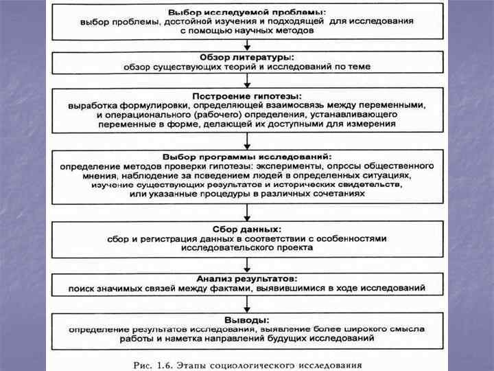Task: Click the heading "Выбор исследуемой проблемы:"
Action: (248, 12)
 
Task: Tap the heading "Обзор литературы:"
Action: (247, 57)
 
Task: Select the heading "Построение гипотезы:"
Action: (247, 95)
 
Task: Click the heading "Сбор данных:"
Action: (247, 229)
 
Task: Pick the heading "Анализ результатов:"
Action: (247, 278)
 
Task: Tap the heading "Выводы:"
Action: (247, 320)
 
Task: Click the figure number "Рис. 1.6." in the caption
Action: (152, 363)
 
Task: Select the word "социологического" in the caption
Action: (261, 363)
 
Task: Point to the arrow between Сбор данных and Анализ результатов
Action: (247, 265)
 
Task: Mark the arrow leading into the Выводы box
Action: (247, 306)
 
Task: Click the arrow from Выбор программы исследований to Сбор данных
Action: (247, 212)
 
